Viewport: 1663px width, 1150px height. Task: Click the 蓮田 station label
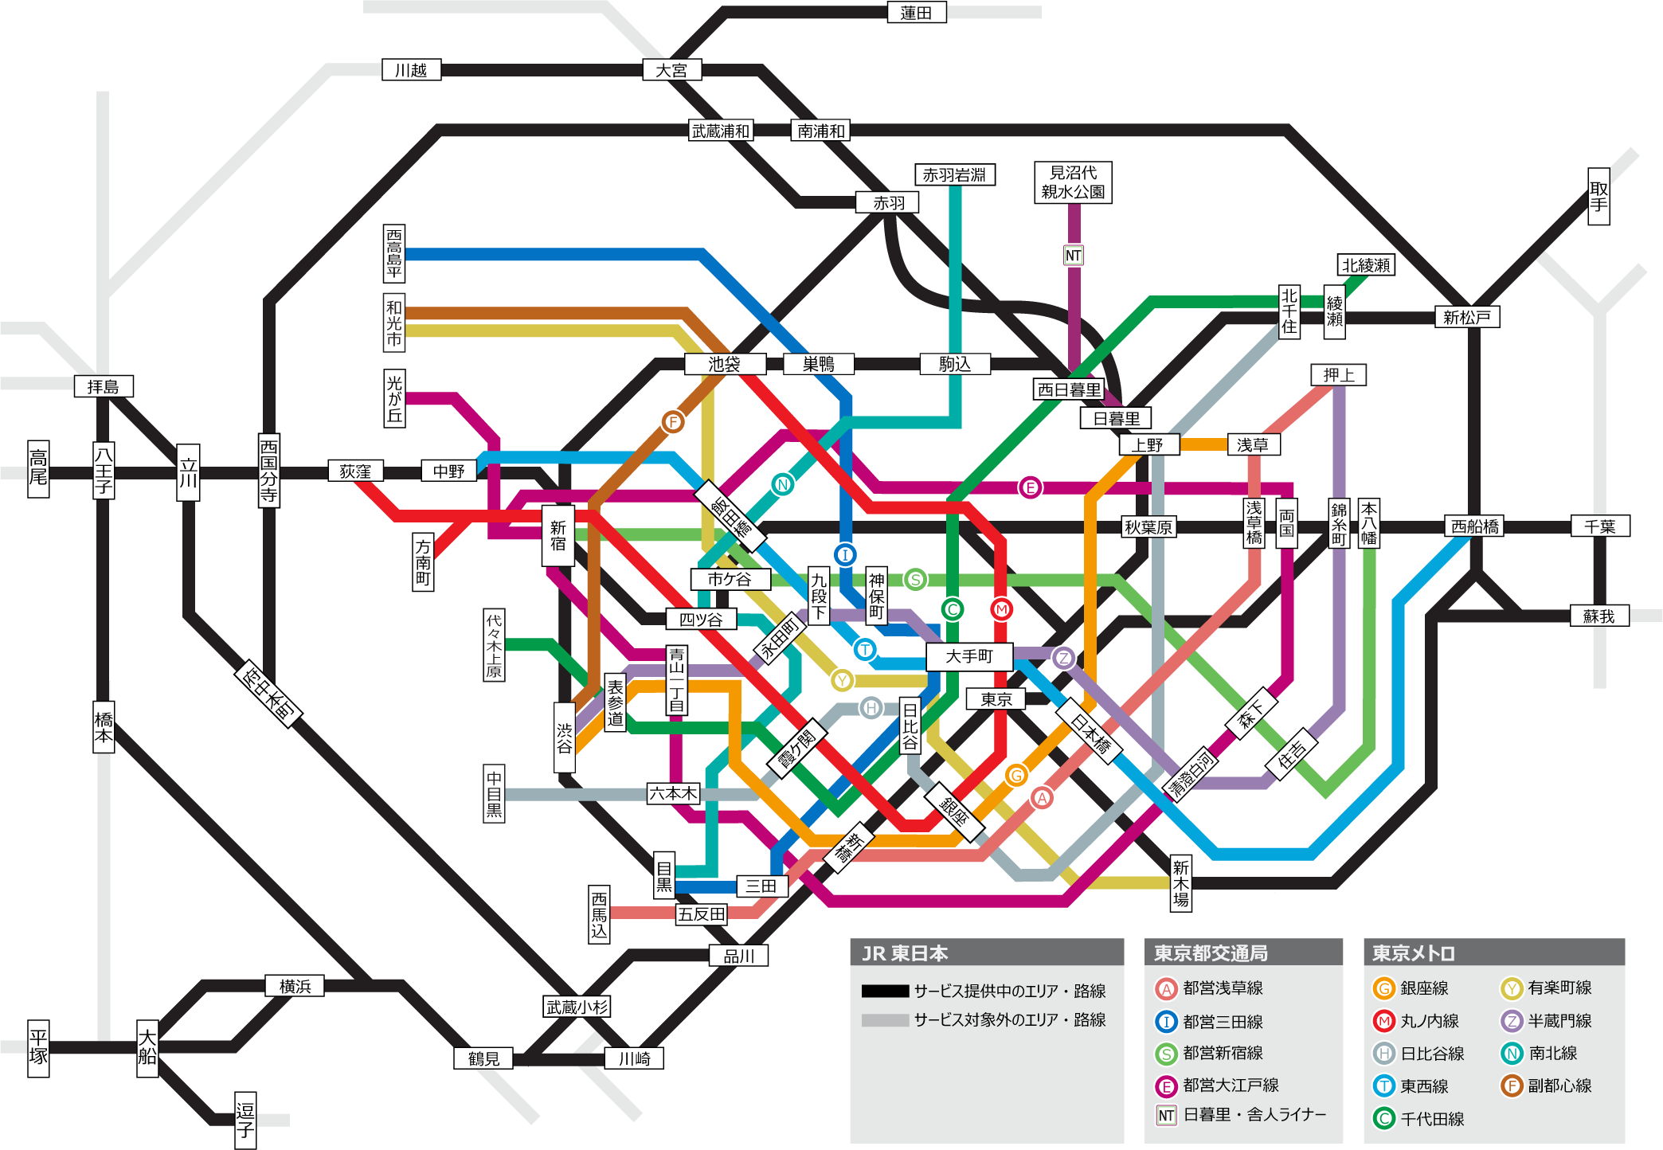[x=917, y=13]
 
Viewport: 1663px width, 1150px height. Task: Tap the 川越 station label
[x=411, y=70]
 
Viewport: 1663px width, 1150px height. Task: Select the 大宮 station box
[x=671, y=70]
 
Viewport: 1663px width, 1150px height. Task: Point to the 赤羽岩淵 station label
[x=955, y=174]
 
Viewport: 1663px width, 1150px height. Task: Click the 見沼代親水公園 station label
[x=1073, y=182]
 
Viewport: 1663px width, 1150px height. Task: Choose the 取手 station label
[x=1598, y=197]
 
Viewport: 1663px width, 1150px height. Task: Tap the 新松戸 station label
[x=1467, y=317]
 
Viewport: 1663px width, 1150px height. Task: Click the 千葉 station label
[x=1600, y=526]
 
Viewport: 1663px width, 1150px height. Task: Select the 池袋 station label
[x=725, y=364]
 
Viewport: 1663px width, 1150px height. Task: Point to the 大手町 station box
[x=969, y=656]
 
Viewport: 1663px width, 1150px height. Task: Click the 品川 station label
[x=739, y=956]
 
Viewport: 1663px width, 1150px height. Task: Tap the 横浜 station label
[x=295, y=986]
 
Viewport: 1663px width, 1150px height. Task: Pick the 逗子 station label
[x=245, y=1120]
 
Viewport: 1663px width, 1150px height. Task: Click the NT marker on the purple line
[x=1073, y=255]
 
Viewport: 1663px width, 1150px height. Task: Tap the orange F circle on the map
[x=673, y=421]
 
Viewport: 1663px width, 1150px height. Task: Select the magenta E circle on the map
[x=1030, y=487]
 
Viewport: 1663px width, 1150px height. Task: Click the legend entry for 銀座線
[x=1411, y=988]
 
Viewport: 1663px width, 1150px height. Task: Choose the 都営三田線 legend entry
[x=1209, y=1021]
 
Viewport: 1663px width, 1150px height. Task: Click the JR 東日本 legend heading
[x=905, y=953]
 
